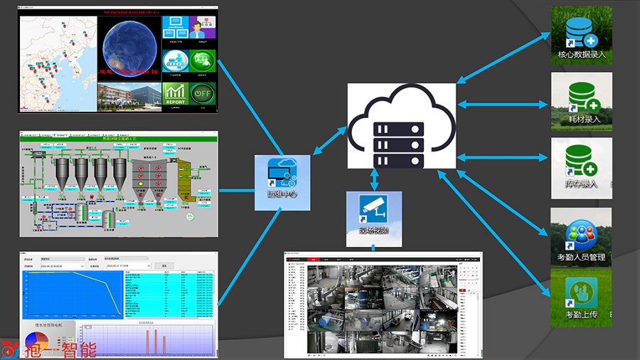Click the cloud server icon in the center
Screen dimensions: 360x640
(401, 126)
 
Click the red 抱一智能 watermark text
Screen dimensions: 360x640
(50, 350)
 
